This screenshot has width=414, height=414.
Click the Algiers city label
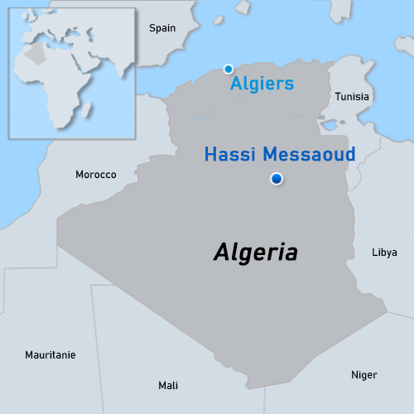coord(262,84)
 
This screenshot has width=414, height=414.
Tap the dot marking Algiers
coord(229,69)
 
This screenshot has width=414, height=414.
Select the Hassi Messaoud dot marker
coord(277,179)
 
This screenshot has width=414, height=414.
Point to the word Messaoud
coord(309,154)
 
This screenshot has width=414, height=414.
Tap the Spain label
coord(162,28)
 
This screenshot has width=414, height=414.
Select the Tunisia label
coord(352,97)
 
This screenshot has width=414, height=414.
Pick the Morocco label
coord(96,175)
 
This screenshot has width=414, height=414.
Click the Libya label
coord(384,252)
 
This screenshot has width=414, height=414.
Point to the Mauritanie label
coord(50,354)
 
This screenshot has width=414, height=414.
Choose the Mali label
coord(168,385)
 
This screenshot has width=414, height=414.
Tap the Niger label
coord(363,375)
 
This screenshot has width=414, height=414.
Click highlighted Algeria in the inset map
coord(34,52)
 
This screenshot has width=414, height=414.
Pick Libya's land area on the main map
coord(389,207)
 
